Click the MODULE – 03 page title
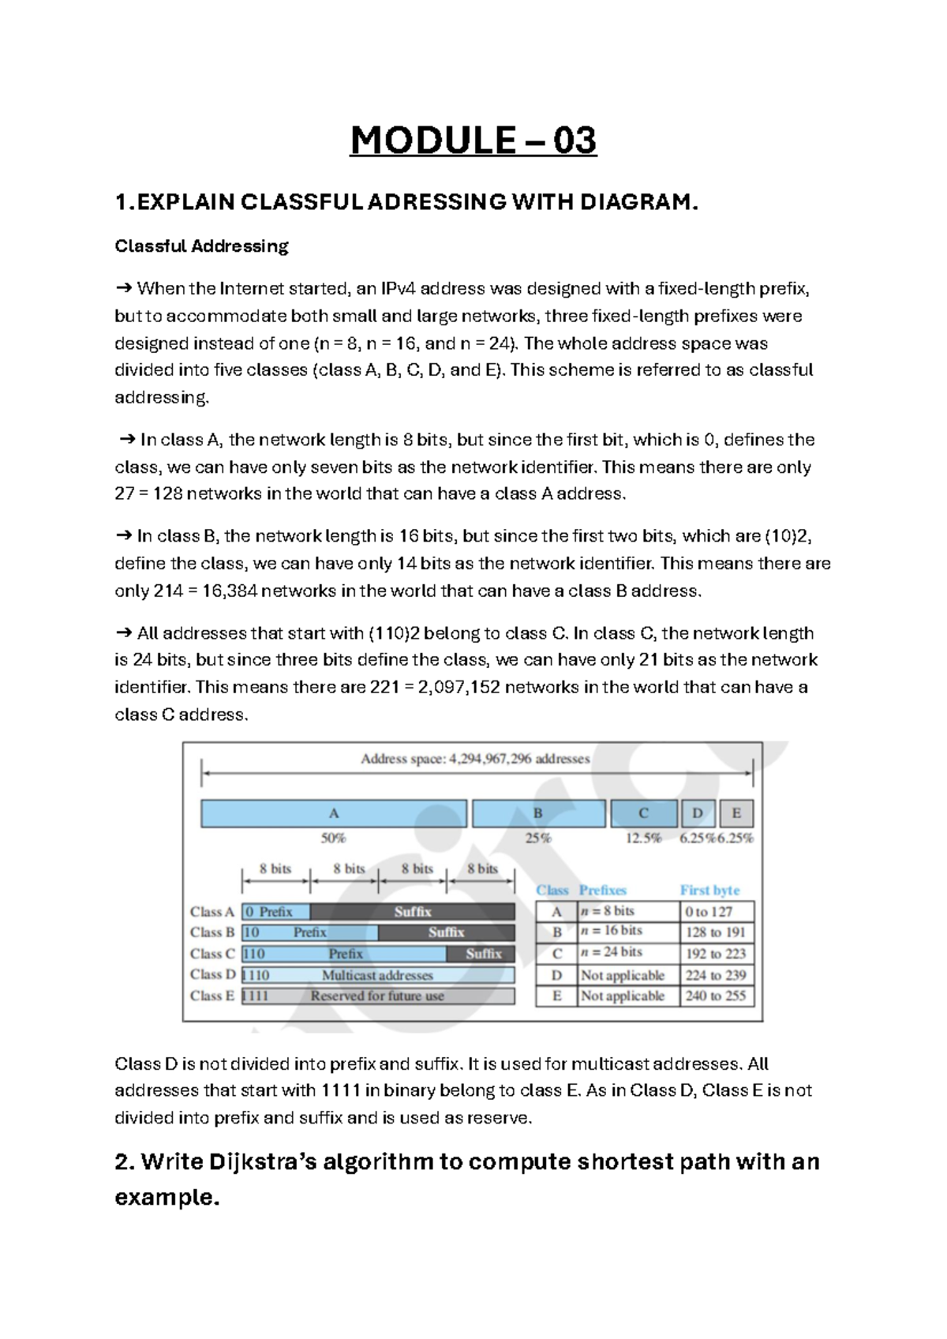click(473, 141)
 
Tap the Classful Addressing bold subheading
click(202, 246)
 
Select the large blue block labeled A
click(333, 813)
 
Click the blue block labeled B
click(538, 813)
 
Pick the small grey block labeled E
click(736, 813)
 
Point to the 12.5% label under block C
click(643, 838)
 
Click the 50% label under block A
click(333, 838)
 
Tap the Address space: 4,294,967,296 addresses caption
click(475, 759)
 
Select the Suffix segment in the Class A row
click(413, 912)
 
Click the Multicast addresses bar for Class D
click(377, 976)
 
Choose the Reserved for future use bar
click(377, 996)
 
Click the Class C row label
click(211, 954)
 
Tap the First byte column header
click(709, 891)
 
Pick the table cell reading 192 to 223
click(715, 954)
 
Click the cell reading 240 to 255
click(715, 996)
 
